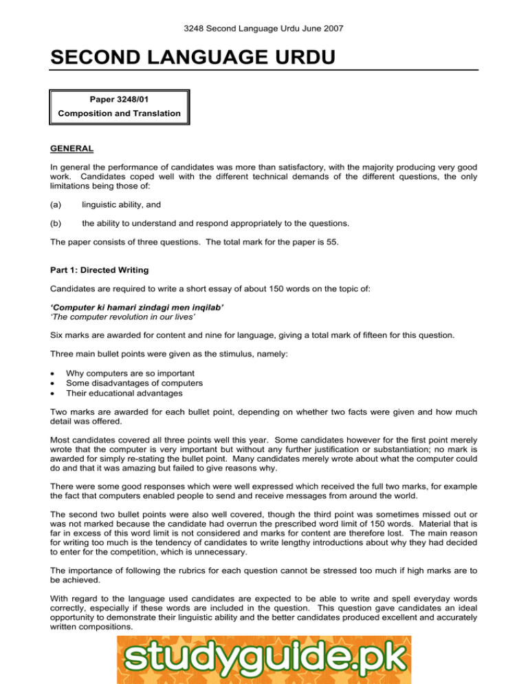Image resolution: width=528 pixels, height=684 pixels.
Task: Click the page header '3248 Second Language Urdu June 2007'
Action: tap(264, 30)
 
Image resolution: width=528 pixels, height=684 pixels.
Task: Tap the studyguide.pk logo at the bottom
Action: tap(264, 659)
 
